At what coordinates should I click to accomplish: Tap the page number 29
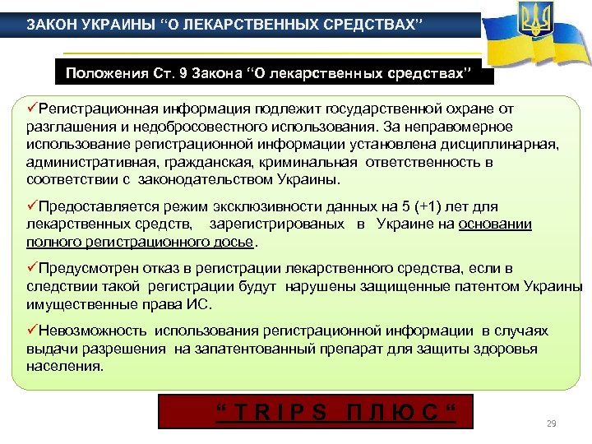tap(552, 423)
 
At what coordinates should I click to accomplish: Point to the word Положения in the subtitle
tap(104, 74)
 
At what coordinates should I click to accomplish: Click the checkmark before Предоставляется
tap(31, 206)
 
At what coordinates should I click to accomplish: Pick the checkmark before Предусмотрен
tap(31, 268)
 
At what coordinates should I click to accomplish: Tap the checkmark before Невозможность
tap(31, 331)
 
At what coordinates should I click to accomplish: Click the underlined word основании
tap(496, 224)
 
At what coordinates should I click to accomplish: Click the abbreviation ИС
tap(200, 304)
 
